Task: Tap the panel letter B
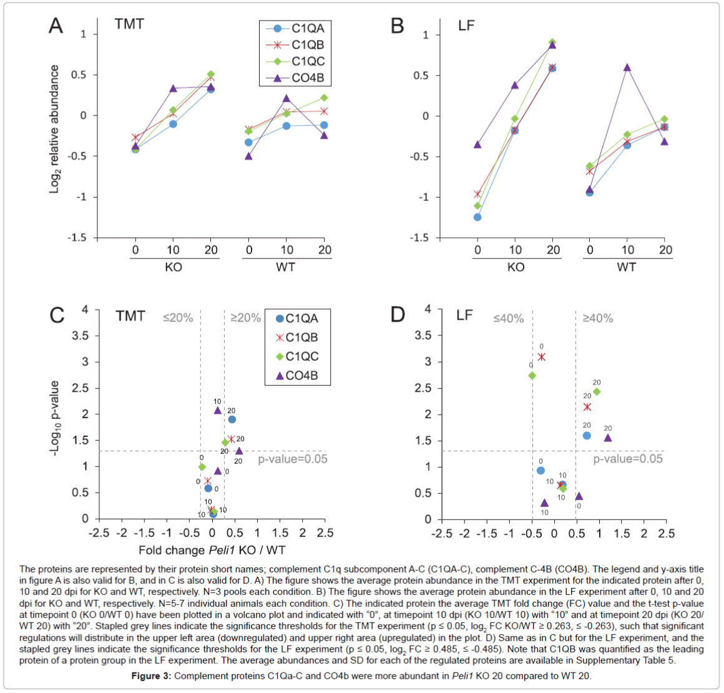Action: pyautogui.click(x=397, y=26)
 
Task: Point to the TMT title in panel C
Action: pyautogui.click(x=130, y=317)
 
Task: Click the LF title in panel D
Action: pyautogui.click(x=464, y=315)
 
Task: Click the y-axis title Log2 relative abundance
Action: pyautogui.click(x=54, y=129)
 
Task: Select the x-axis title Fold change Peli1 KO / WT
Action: pyautogui.click(x=212, y=550)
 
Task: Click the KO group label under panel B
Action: pyautogui.click(x=516, y=267)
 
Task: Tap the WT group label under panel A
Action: pyautogui.click(x=285, y=267)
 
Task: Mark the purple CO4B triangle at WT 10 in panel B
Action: pyautogui.click(x=627, y=67)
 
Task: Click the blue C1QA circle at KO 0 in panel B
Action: pyautogui.click(x=477, y=217)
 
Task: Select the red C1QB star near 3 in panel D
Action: pyautogui.click(x=541, y=356)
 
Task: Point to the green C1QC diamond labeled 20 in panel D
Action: pyautogui.click(x=596, y=392)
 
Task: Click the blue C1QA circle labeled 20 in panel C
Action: pyautogui.click(x=232, y=420)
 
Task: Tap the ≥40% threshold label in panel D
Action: pyautogui.click(x=597, y=318)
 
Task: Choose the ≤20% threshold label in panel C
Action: pyautogui.click(x=178, y=318)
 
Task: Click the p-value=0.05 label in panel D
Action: pyautogui.click(x=627, y=459)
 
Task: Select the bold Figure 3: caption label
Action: pyautogui.click(x=150, y=676)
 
